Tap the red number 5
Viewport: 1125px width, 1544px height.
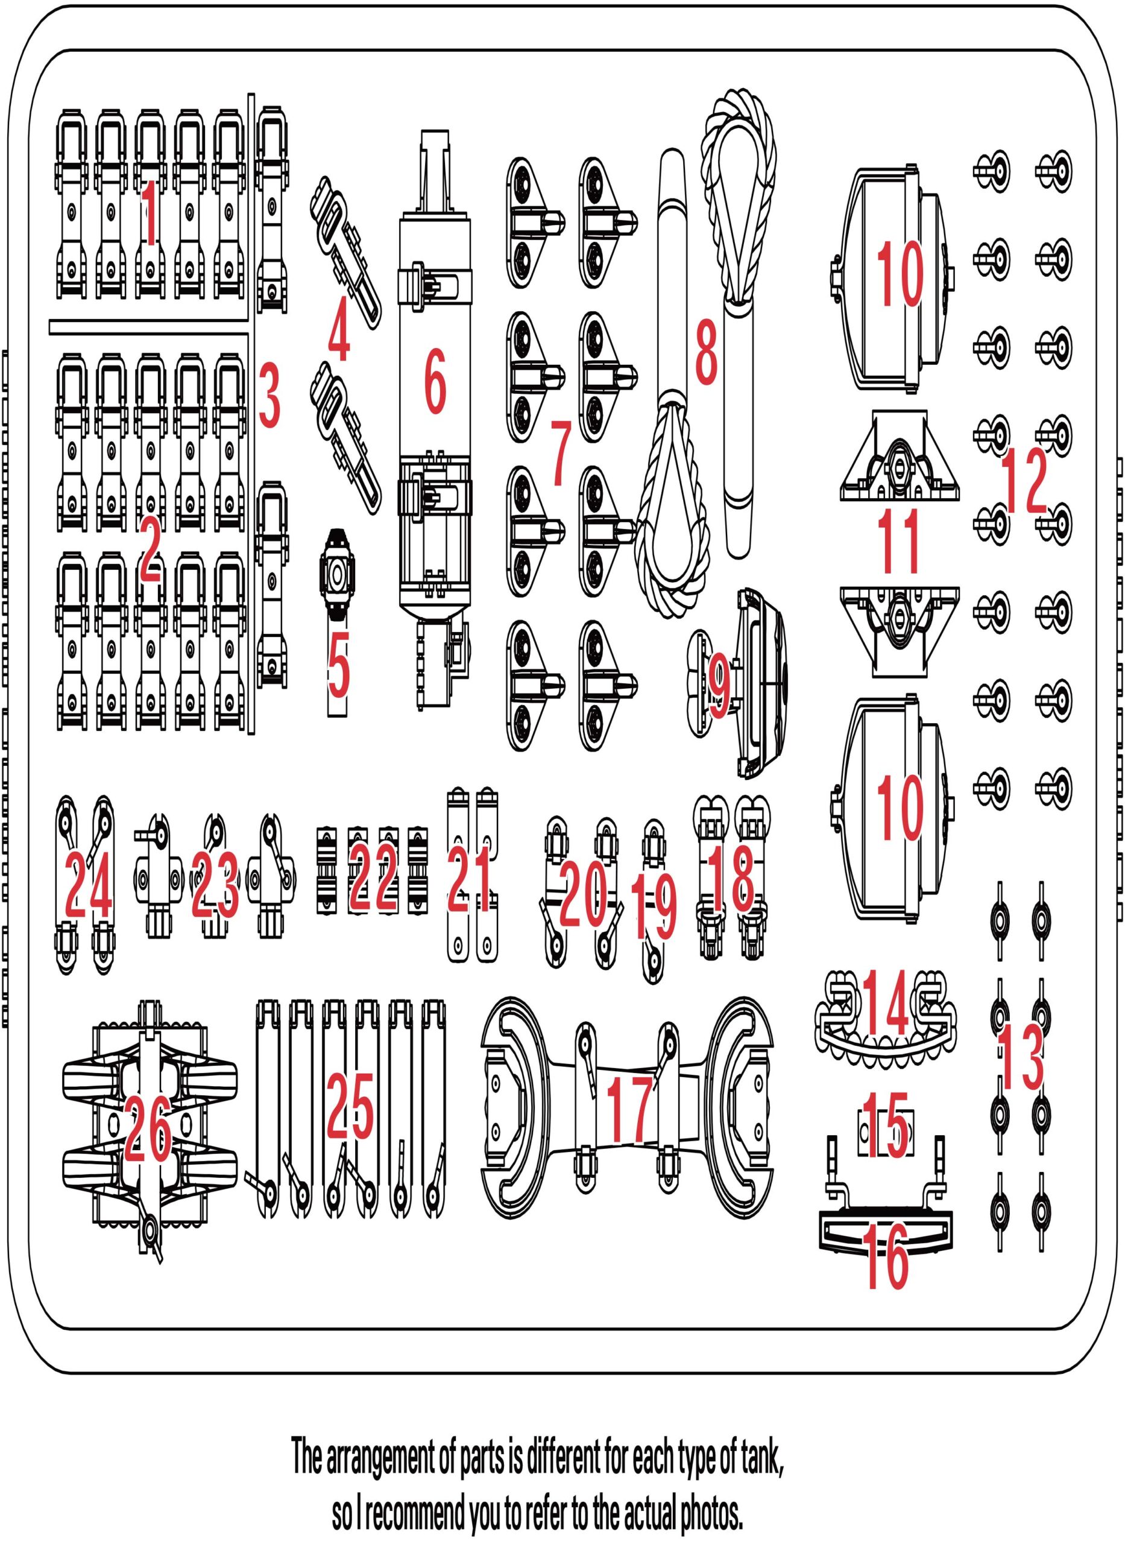coord(338,662)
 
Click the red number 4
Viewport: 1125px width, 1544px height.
coord(338,333)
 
